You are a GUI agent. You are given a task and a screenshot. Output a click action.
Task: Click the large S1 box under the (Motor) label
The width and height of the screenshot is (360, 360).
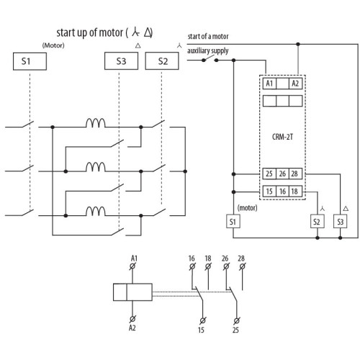(30, 61)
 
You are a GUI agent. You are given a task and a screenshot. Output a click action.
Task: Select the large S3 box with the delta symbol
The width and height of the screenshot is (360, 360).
(121, 61)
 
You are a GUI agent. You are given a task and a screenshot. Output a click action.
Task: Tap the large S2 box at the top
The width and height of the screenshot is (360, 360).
(162, 61)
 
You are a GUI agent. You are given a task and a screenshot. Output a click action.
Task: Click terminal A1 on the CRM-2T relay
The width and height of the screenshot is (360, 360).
(269, 84)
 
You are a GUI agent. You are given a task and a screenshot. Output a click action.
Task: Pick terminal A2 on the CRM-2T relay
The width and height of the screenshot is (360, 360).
(295, 84)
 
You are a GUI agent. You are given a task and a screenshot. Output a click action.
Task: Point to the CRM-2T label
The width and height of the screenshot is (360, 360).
(282, 137)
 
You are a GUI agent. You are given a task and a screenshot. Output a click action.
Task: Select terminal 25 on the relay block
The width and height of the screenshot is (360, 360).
(269, 174)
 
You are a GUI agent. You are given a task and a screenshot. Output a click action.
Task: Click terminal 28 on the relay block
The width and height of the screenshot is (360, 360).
(295, 174)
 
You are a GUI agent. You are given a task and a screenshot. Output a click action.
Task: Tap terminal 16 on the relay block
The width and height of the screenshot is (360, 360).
(282, 192)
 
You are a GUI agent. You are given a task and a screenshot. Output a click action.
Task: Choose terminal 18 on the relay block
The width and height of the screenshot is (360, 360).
(295, 192)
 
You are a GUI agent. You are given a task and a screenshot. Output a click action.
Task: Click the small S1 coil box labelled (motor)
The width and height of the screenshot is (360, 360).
(233, 221)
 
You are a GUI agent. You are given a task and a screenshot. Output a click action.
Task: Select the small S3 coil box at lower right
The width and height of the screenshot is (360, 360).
(340, 221)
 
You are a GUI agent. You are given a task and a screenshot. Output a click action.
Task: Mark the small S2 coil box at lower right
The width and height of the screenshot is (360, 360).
(318, 221)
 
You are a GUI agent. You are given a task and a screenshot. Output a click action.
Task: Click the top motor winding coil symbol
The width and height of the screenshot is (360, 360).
(96, 123)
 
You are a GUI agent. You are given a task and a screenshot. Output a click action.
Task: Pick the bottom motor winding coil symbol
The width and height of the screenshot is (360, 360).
(96, 212)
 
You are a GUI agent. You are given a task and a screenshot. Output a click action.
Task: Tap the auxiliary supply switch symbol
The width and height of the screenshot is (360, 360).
(210, 59)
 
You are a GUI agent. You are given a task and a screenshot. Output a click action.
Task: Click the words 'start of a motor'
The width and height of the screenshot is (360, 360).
(208, 37)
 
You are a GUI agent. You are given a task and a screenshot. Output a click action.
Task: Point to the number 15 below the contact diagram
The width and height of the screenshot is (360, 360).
(201, 330)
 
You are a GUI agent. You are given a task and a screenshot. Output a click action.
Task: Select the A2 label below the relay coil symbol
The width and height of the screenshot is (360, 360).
(132, 328)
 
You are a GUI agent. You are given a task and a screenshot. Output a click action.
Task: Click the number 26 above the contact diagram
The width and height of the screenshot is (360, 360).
(225, 258)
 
